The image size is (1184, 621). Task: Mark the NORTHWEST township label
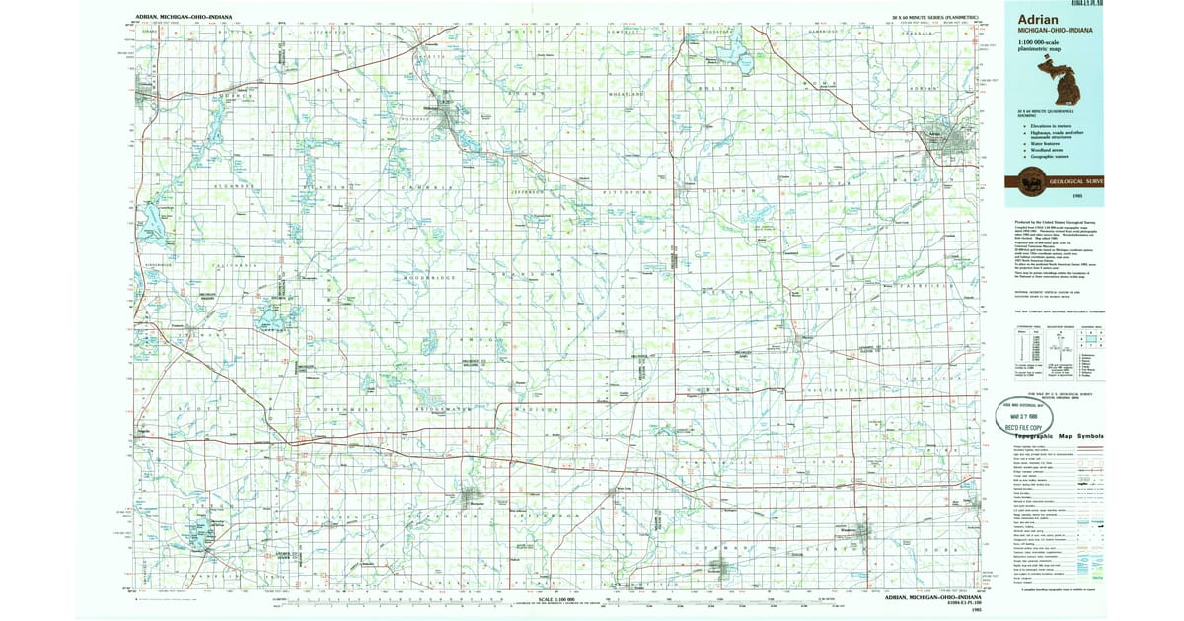[x=346, y=407]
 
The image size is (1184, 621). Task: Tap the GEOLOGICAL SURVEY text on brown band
[x=1077, y=181]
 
